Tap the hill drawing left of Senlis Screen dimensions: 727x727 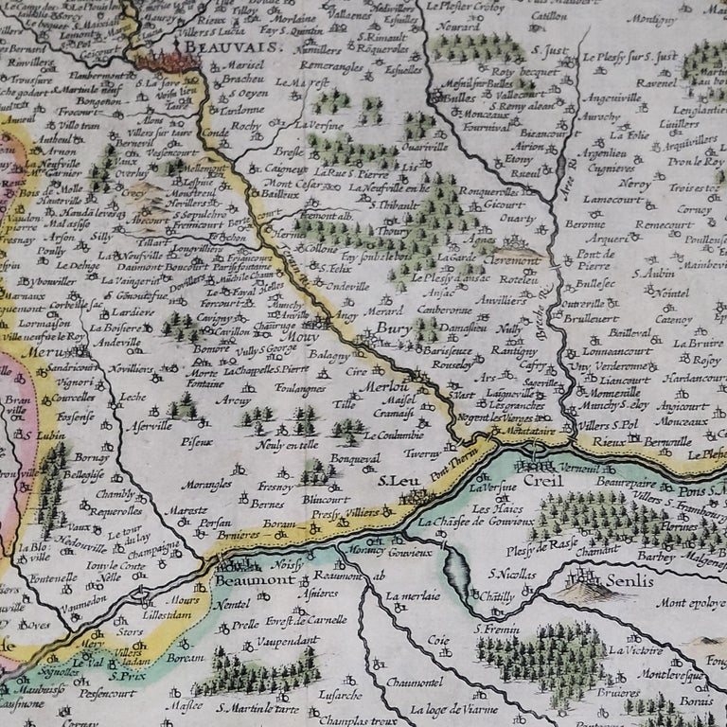click(578, 591)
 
